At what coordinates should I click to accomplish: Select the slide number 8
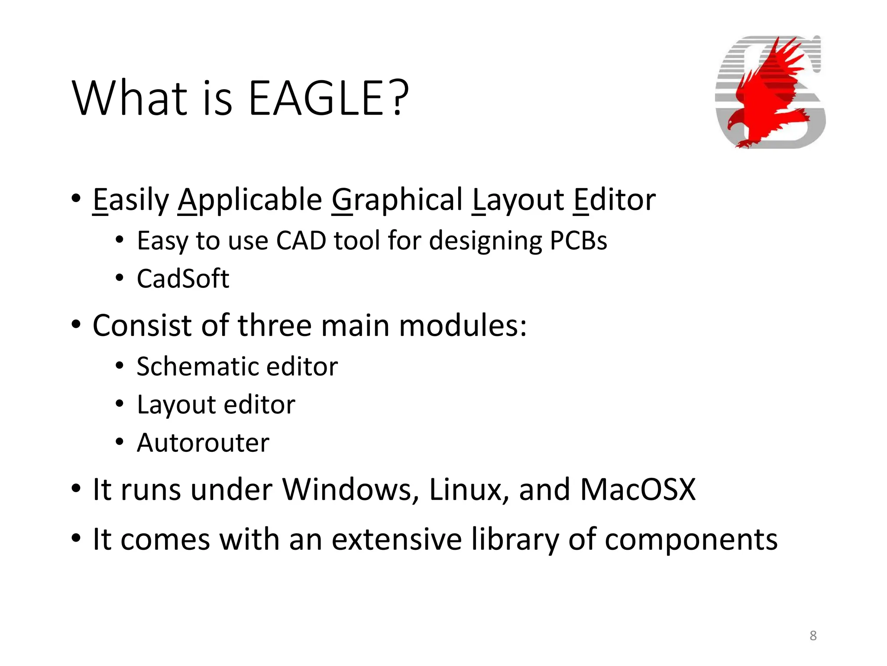[x=813, y=636]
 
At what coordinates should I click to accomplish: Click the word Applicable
[x=250, y=200]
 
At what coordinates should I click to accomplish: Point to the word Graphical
[x=397, y=200]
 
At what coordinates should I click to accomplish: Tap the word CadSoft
[x=183, y=278]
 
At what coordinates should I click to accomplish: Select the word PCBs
[x=578, y=241]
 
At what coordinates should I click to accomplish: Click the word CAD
[x=301, y=241]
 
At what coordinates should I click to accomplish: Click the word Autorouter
[x=203, y=443]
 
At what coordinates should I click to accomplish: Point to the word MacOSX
[x=638, y=490]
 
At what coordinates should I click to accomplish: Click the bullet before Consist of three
[x=76, y=325]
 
